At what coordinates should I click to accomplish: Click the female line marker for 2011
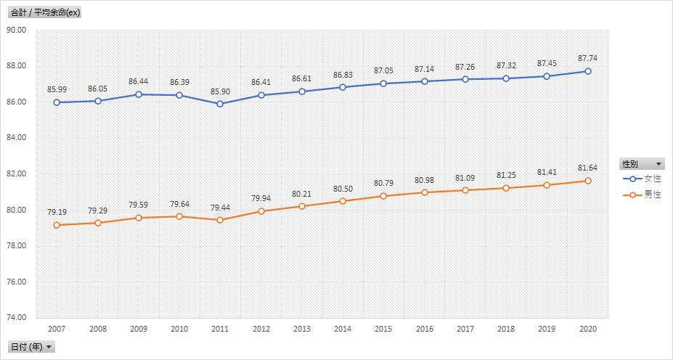220,104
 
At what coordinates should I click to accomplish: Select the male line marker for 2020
588,181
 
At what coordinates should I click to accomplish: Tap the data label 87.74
588,58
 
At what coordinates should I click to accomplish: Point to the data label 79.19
57,212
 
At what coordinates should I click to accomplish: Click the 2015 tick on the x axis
383,329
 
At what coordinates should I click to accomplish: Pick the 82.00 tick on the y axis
16,174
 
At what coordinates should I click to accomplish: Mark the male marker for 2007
57,225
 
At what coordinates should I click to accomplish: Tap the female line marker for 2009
139,94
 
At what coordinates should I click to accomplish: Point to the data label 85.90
220,91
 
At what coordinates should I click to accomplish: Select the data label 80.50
343,188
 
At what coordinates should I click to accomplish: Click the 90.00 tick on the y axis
16,30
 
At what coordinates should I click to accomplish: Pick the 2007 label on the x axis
57,329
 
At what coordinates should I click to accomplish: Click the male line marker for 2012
261,211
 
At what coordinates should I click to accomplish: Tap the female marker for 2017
465,79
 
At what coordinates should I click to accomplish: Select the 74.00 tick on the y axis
16,318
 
